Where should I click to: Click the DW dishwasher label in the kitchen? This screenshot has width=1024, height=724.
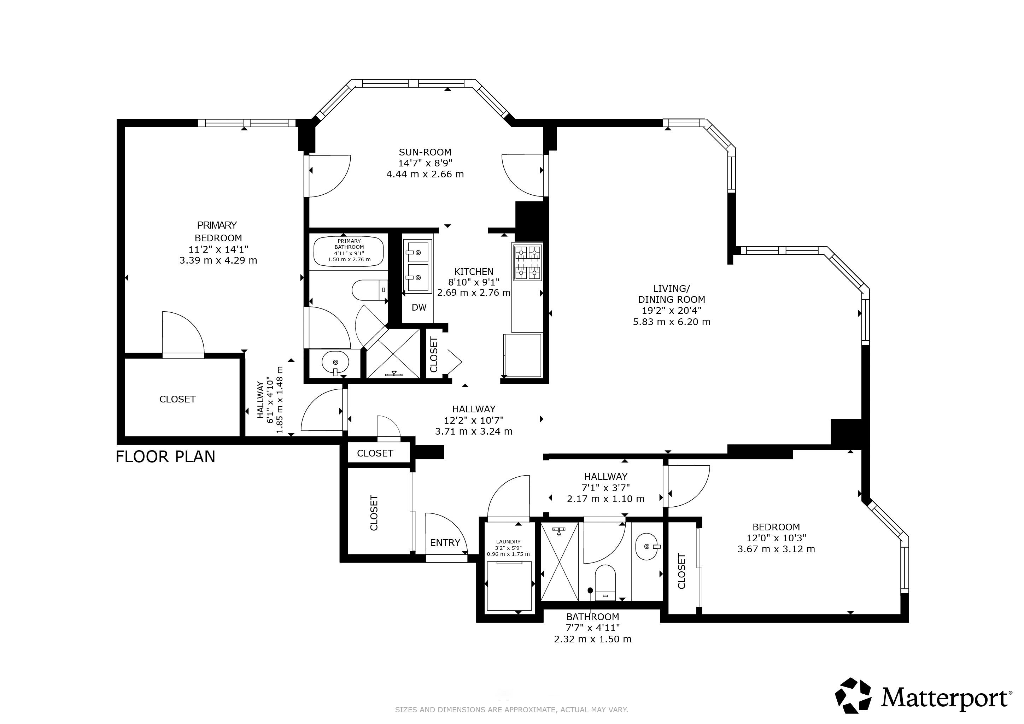[x=419, y=307]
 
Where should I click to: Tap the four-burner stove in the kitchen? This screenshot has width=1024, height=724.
[x=528, y=262]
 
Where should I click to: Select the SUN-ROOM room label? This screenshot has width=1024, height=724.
[x=425, y=152]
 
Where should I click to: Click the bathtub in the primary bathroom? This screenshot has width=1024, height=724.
[x=349, y=250]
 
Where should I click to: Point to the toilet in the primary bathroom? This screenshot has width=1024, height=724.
[x=370, y=290]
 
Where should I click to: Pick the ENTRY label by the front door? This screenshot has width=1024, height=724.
[x=445, y=542]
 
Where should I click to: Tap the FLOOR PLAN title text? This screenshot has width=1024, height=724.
[x=165, y=457]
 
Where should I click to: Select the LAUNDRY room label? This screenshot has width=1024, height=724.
[x=508, y=542]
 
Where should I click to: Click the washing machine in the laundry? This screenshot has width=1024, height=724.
[x=509, y=586]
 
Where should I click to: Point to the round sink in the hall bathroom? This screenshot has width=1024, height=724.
[x=647, y=547]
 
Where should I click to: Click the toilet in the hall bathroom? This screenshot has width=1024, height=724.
[x=605, y=582]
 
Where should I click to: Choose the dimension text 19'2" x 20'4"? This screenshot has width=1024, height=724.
[x=671, y=311]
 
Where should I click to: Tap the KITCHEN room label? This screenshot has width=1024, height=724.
[x=474, y=271]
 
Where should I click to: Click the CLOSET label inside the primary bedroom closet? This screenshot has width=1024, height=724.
[x=177, y=399]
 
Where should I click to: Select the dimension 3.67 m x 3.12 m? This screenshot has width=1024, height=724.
[x=776, y=549]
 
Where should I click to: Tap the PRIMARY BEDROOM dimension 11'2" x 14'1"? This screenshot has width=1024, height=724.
[x=218, y=249]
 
